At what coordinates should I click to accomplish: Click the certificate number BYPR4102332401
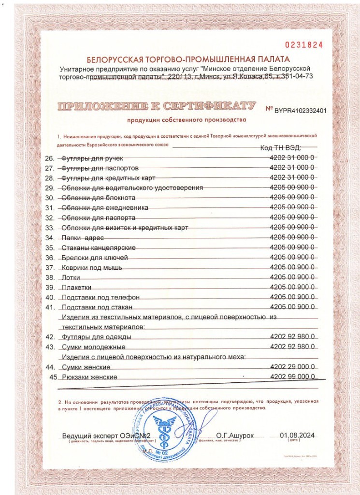click(x=300, y=110)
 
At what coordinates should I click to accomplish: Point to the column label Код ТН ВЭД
click(x=281, y=147)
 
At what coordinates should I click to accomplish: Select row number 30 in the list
click(x=49, y=198)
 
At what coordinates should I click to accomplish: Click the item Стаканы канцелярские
click(x=99, y=247)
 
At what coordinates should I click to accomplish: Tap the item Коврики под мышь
click(x=92, y=267)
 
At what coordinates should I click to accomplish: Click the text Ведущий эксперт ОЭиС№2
click(x=104, y=436)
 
